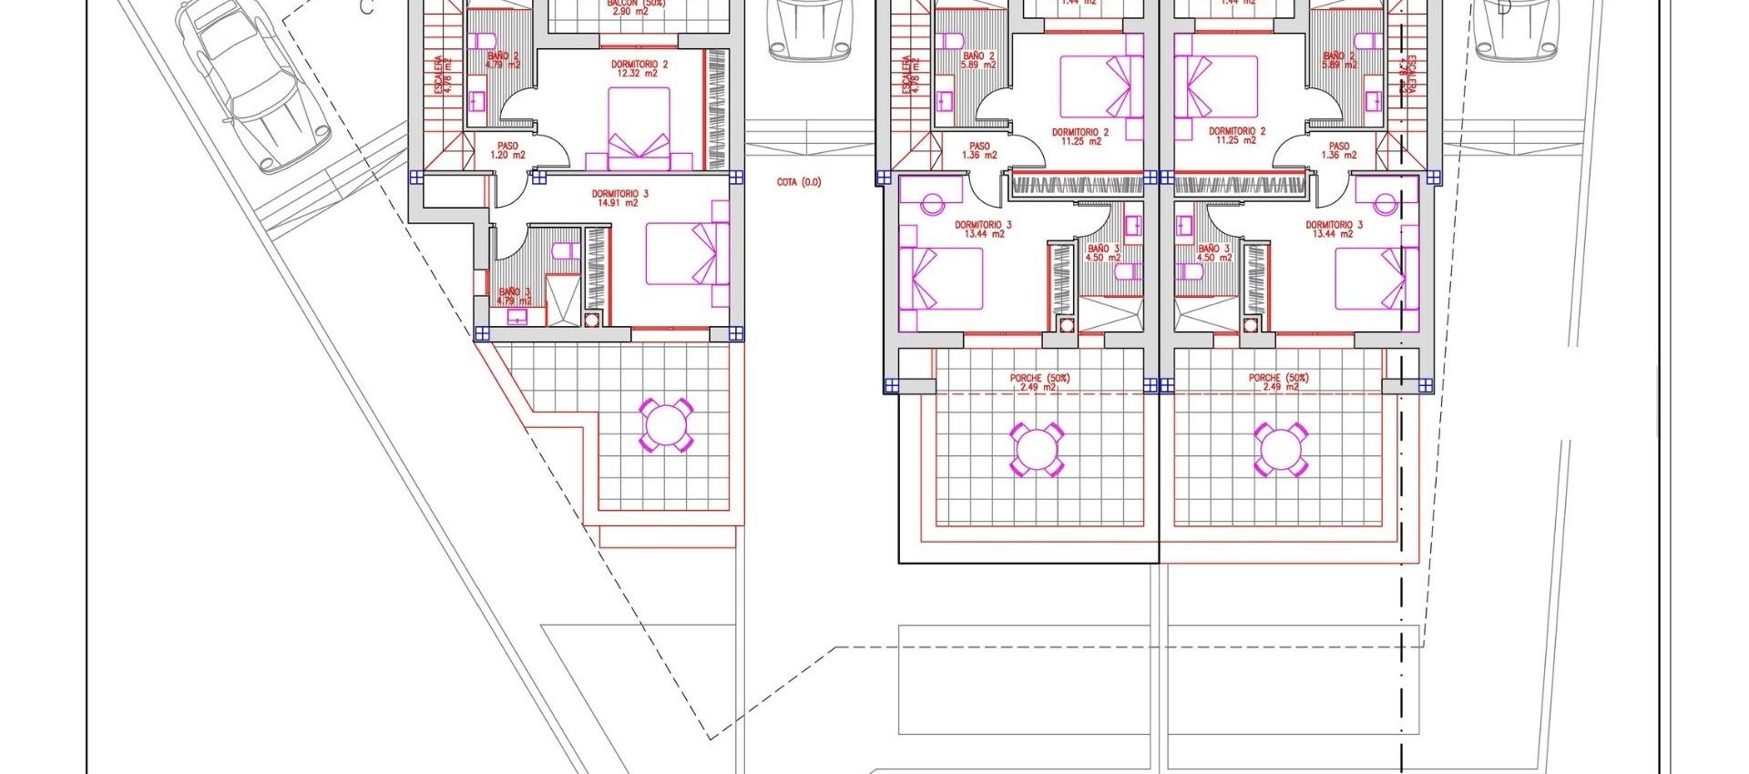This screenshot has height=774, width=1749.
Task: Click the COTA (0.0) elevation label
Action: pyautogui.click(x=798, y=182)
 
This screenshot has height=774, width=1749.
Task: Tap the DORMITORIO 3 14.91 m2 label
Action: pyautogui.click(x=619, y=199)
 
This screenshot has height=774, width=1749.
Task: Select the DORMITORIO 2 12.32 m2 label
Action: pyautogui.click(x=639, y=69)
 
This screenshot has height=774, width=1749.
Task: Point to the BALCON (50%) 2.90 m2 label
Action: pyautogui.click(x=637, y=6)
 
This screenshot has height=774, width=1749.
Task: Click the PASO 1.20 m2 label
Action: pyautogui.click(x=507, y=150)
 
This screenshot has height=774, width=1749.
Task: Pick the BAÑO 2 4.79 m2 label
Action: pyautogui.click(x=503, y=60)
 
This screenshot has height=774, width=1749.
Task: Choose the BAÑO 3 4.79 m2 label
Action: pyautogui.click(x=515, y=297)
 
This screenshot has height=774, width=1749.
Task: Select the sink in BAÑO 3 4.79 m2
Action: pyautogui.click(x=517, y=317)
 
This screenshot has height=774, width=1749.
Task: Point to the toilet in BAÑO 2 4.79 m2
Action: pyautogui.click(x=484, y=41)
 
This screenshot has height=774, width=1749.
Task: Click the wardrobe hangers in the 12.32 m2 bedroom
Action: pyautogui.click(x=716, y=109)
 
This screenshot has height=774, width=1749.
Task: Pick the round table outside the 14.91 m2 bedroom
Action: pyautogui.click(x=666, y=424)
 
